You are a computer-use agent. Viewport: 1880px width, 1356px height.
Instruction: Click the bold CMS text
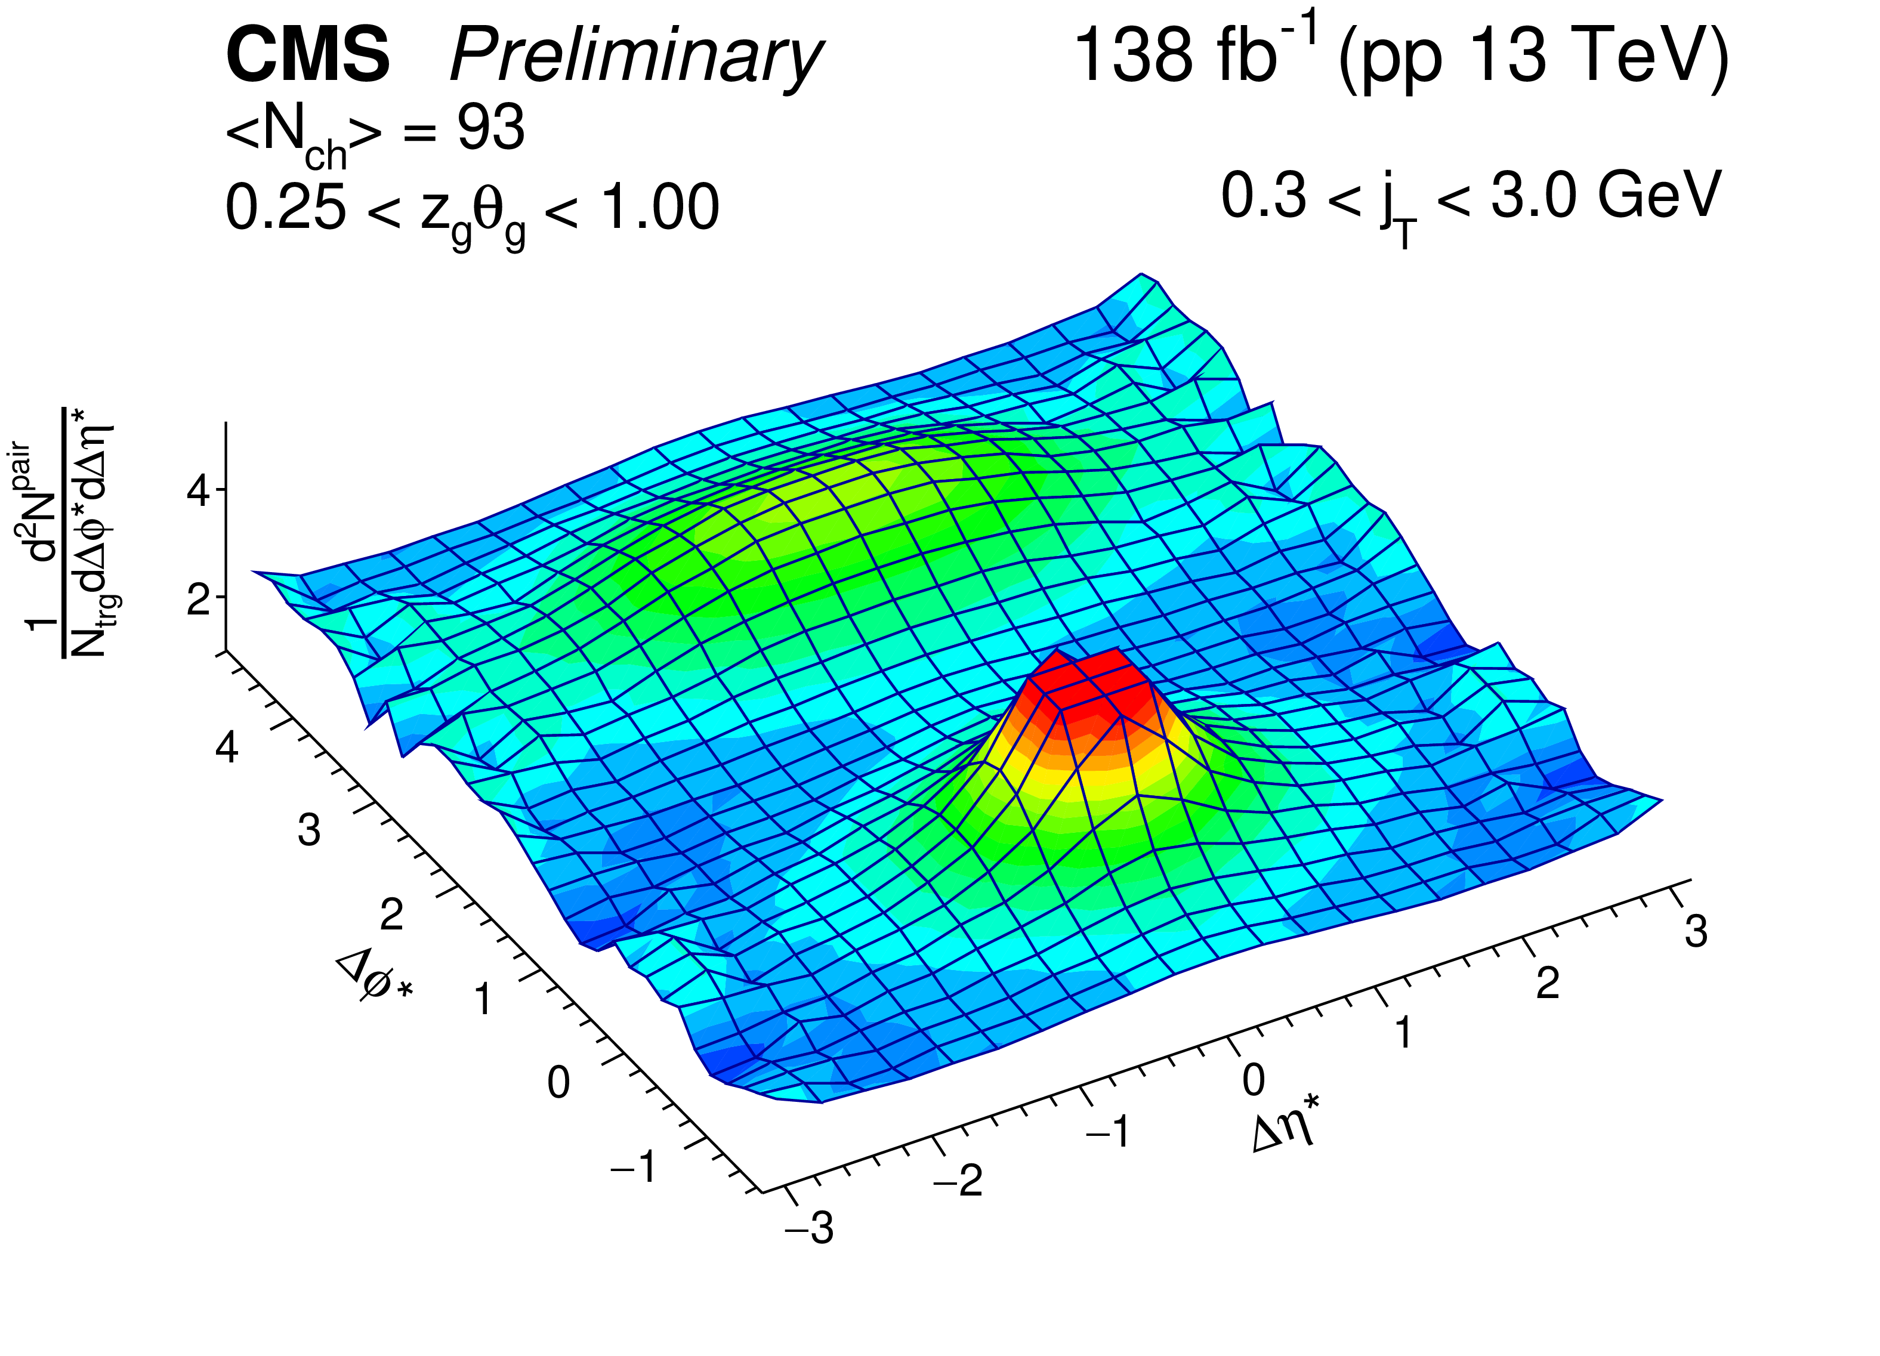(x=307, y=55)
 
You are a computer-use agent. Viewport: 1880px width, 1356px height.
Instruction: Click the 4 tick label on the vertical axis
(x=199, y=492)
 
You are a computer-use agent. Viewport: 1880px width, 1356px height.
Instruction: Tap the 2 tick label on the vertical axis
(x=199, y=598)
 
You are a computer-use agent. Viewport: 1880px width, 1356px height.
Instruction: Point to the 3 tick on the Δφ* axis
(x=309, y=830)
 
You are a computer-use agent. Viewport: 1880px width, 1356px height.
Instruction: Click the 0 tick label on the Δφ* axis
(x=558, y=1083)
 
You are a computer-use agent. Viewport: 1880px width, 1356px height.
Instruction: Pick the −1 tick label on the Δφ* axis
(x=634, y=1167)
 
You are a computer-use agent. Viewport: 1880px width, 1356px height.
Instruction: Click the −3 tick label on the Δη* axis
(x=810, y=1228)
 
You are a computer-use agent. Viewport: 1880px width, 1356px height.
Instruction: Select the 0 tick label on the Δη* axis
(x=1254, y=1080)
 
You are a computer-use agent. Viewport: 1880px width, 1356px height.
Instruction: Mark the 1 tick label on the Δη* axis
(x=1403, y=1033)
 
